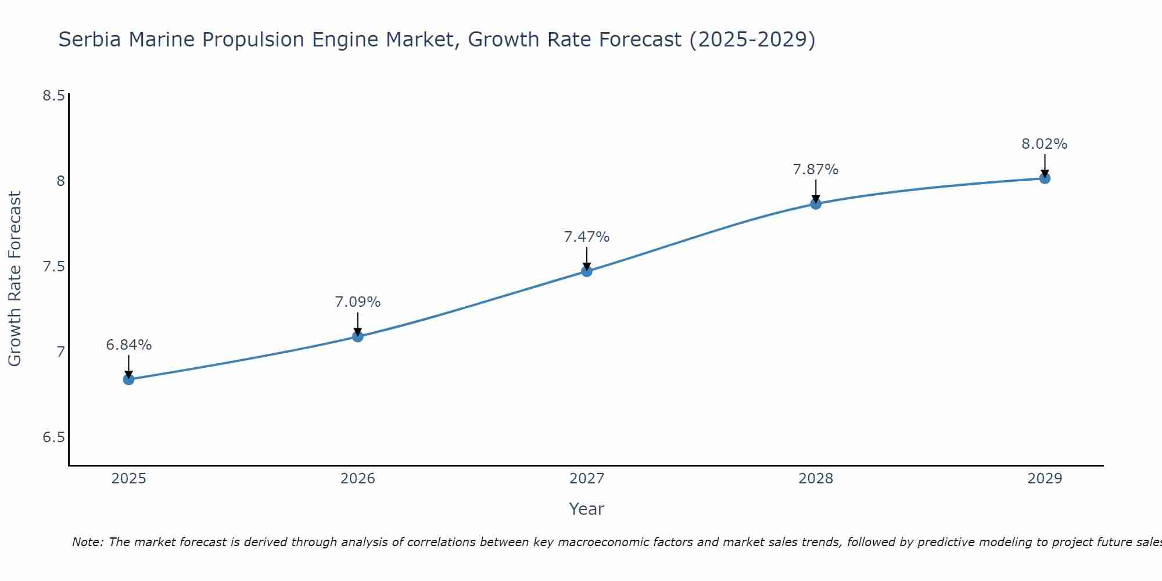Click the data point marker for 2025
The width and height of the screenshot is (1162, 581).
click(x=128, y=379)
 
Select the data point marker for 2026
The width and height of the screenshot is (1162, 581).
click(x=358, y=336)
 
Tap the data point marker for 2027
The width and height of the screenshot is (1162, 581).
click(x=587, y=271)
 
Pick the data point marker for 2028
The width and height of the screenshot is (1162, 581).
click(x=816, y=203)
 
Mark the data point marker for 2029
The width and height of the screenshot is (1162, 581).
click(x=1045, y=178)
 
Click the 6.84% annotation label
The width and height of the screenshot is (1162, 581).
click(x=128, y=345)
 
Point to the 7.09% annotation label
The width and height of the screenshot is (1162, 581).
click(x=358, y=302)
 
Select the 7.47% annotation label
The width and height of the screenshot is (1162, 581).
click(x=587, y=237)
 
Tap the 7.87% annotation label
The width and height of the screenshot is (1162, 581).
click(x=816, y=170)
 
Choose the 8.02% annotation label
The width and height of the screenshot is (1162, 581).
click(x=1045, y=144)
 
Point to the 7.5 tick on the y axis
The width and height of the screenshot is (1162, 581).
click(x=53, y=267)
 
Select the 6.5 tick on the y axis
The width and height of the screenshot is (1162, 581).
click(x=53, y=437)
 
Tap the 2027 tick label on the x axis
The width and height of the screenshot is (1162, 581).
click(x=587, y=479)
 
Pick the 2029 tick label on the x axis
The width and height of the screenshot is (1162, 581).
click(x=1045, y=479)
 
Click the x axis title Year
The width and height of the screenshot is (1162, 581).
click(x=587, y=509)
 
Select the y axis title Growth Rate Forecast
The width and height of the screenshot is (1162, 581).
click(x=15, y=279)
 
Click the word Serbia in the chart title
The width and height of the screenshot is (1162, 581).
click(x=90, y=40)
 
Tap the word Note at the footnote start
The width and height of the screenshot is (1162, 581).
click(x=87, y=542)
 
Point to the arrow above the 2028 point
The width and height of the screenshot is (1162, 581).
click(x=816, y=191)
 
